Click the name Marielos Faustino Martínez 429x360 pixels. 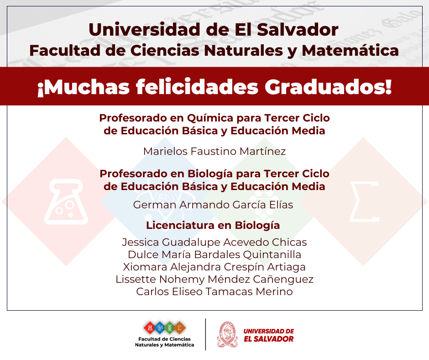tap(214, 151)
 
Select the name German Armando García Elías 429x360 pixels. tap(213, 205)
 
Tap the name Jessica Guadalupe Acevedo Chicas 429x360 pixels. tap(214, 242)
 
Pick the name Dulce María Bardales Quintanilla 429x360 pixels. tap(214, 254)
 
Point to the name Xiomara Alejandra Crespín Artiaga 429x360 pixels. tap(214, 267)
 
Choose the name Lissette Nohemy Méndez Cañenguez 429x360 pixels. tap(214, 279)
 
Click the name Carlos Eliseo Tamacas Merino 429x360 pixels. tap(214, 291)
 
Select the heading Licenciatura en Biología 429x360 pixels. tap(213, 226)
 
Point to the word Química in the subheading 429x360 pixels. tap(210, 118)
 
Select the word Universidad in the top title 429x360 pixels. tap(145, 30)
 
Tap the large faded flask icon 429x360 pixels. tap(66, 202)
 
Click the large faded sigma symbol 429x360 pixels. tap(364, 201)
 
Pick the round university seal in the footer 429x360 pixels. tap(227, 334)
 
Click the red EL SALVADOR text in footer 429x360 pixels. tap(268, 339)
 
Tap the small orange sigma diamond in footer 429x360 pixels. tap(179, 328)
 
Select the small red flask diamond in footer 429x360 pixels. tap(150, 328)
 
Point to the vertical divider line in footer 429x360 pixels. tap(205, 334)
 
